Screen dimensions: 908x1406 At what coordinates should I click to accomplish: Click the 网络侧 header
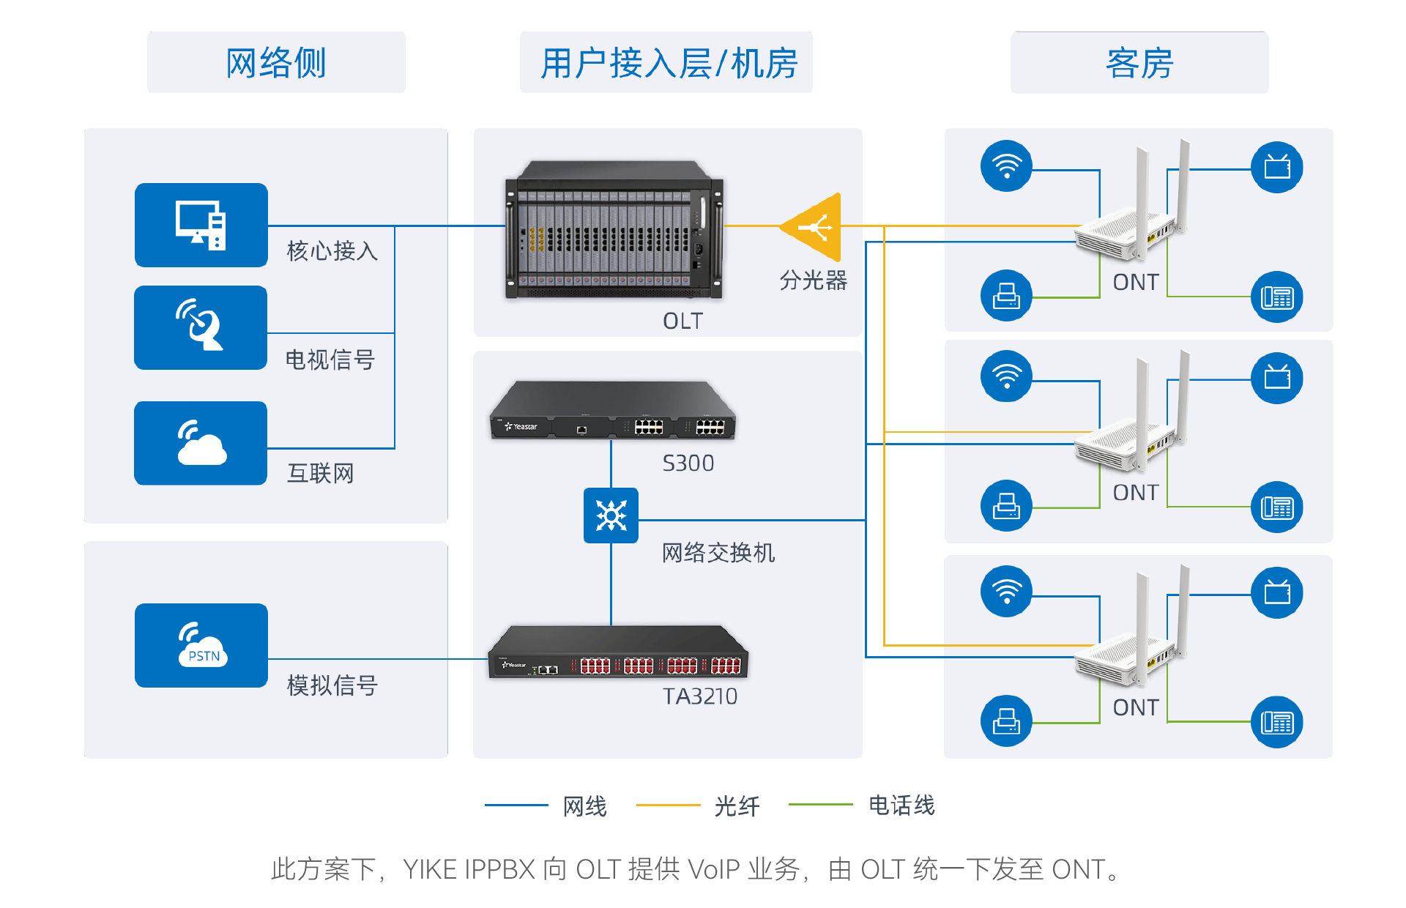click(276, 63)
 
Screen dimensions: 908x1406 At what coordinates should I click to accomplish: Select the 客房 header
click(1139, 63)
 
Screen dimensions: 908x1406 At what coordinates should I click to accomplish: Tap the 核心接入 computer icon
click(201, 225)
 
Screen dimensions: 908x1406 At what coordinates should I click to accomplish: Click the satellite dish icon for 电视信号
click(201, 327)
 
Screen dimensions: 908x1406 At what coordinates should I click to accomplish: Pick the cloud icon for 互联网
click(201, 443)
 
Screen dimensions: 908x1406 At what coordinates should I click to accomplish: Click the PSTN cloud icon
click(201, 645)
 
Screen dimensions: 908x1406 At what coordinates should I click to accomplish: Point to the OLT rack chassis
click(614, 230)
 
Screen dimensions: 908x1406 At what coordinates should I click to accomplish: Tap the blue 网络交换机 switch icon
click(611, 516)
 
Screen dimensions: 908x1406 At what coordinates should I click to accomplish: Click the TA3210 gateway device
click(617, 653)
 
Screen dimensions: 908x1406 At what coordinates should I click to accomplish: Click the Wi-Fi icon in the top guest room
click(1006, 166)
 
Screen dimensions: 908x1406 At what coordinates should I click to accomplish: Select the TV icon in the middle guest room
click(1276, 378)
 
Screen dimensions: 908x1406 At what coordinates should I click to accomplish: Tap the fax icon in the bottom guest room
click(1006, 721)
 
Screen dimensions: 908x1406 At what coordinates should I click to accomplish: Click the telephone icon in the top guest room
click(1276, 297)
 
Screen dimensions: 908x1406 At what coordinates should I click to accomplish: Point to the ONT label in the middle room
click(1135, 493)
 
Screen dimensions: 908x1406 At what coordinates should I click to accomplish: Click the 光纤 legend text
click(737, 806)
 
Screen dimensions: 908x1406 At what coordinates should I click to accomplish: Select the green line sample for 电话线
click(820, 805)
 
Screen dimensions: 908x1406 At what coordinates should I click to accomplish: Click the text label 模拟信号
click(332, 685)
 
